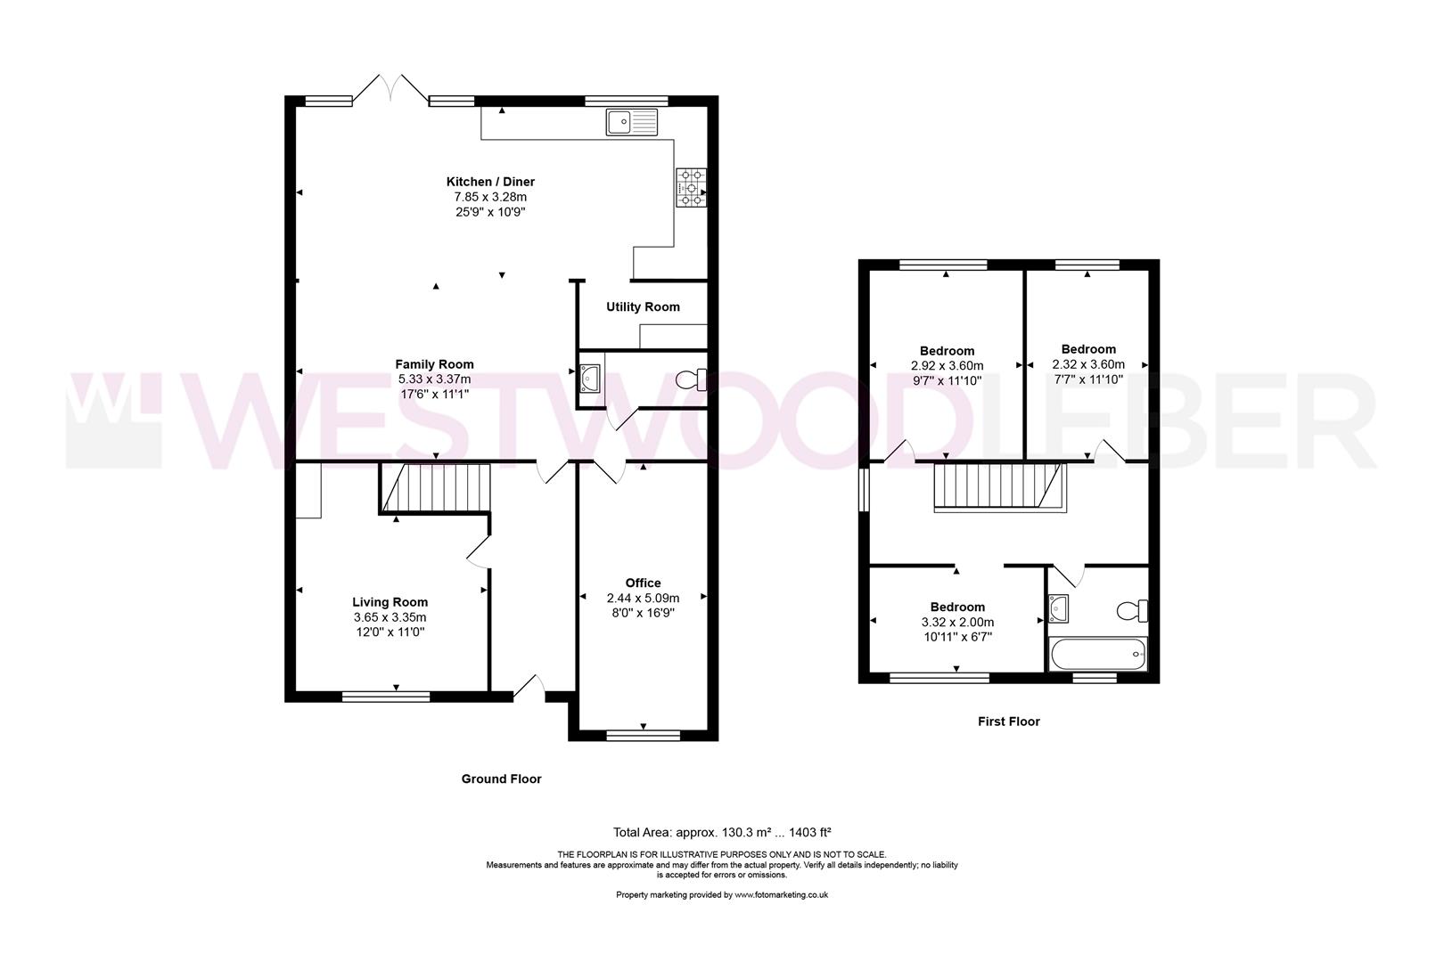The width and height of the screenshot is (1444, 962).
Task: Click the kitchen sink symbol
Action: tap(631, 122)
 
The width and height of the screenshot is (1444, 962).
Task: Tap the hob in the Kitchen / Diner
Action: tap(690, 188)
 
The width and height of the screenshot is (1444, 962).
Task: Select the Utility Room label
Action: tap(643, 307)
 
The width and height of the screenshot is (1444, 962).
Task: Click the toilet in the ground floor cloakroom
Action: tap(690, 380)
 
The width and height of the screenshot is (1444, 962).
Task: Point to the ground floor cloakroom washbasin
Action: tap(589, 379)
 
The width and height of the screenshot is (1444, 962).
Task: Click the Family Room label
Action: tap(434, 364)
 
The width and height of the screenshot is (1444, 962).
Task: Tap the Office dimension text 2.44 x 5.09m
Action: tap(643, 599)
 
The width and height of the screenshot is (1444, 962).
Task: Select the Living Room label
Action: tap(390, 602)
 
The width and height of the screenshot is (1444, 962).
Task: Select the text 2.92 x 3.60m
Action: tap(947, 366)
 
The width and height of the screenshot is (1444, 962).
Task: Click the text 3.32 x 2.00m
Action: tap(957, 623)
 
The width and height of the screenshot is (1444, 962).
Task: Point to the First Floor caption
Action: tap(1008, 721)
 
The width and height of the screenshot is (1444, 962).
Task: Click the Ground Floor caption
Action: tap(501, 779)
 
